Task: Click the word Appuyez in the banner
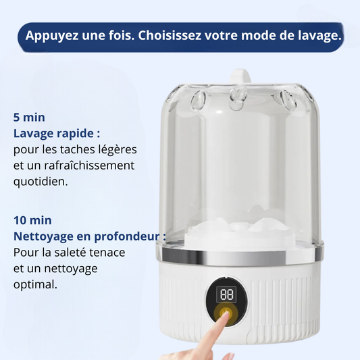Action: point(52,36)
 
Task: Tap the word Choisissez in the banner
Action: point(170,36)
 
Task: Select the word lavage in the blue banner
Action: point(320,36)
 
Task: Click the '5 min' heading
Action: point(29,118)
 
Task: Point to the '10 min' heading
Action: point(32,220)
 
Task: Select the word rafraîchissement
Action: point(89,165)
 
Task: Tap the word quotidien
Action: point(41,182)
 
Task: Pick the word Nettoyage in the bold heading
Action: point(43,237)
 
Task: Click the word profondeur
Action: point(127,236)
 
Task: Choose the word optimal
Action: point(35,285)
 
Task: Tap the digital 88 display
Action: point(227,294)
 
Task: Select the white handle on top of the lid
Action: point(240,76)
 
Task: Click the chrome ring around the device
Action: point(240,255)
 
